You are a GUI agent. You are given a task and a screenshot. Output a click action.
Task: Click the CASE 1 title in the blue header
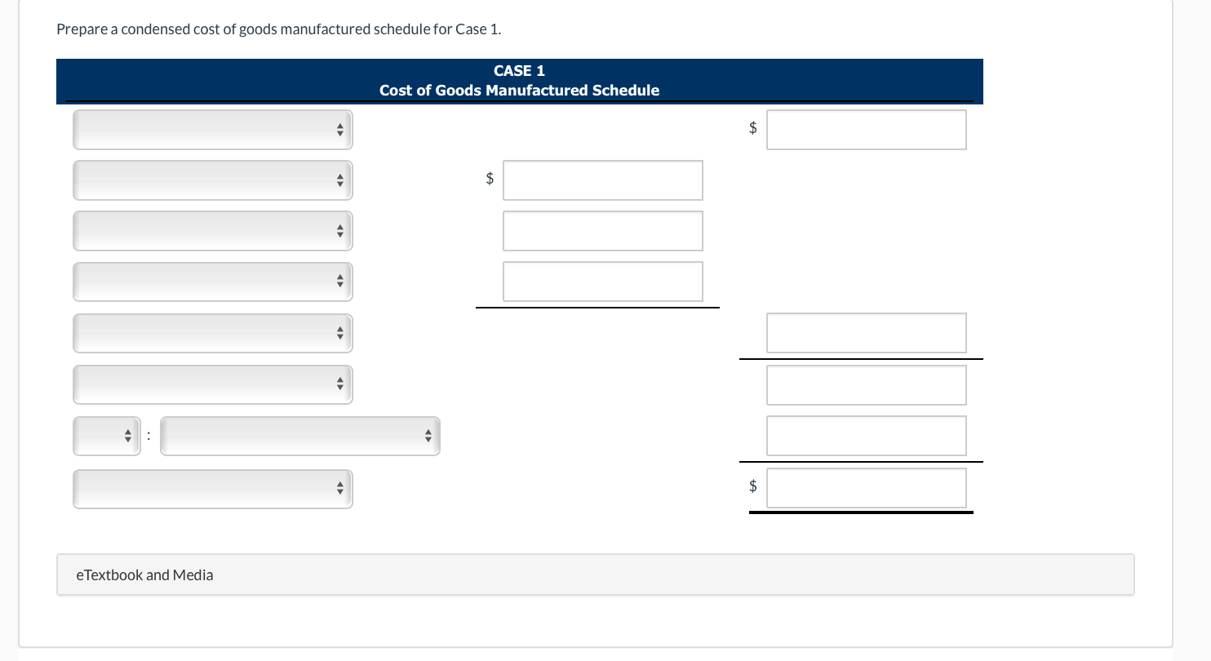click(519, 71)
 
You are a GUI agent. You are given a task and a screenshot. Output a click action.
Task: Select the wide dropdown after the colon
click(300, 437)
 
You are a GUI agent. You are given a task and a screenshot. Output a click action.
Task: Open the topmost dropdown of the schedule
click(212, 130)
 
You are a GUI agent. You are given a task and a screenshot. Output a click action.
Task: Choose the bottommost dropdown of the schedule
click(212, 489)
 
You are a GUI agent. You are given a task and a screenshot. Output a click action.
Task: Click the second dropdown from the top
click(212, 180)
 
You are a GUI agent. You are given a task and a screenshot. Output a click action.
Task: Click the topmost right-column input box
click(866, 130)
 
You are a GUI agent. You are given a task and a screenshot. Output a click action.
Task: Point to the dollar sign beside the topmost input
click(753, 128)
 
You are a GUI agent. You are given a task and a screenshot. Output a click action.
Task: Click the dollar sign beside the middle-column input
click(490, 179)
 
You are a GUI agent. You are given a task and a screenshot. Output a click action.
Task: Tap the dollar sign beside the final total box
click(753, 486)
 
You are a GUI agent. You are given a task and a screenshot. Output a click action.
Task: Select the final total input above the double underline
click(866, 488)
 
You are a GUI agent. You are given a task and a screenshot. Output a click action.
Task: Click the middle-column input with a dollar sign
click(602, 180)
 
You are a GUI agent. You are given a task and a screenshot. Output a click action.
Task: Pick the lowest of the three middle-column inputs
click(602, 282)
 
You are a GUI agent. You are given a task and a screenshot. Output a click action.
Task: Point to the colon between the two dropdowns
click(149, 437)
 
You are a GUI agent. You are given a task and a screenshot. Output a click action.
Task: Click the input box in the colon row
click(866, 436)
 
